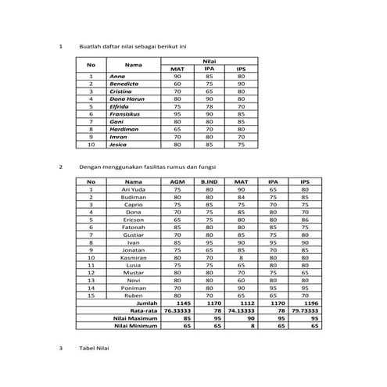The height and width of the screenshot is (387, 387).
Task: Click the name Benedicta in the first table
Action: pyautogui.click(x=124, y=84)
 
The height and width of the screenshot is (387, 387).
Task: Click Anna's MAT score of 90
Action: pyautogui.click(x=177, y=76)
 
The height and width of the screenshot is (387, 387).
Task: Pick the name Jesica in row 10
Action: pyautogui.click(x=118, y=145)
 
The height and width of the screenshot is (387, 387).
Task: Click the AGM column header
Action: pyautogui.click(x=177, y=182)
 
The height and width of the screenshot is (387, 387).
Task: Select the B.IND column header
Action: pyautogui.click(x=209, y=182)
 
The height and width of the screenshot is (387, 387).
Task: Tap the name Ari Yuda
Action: pyautogui.click(x=131, y=189)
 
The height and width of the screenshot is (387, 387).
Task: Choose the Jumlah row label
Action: pyautogui.click(x=146, y=303)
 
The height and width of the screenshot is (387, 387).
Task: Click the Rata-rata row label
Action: pyautogui.click(x=143, y=310)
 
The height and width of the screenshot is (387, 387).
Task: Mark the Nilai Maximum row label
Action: pyautogui.click(x=136, y=318)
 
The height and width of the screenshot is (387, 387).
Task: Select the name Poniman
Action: pyautogui.click(x=131, y=288)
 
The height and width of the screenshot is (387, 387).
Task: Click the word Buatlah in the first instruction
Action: pyautogui.click(x=91, y=46)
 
